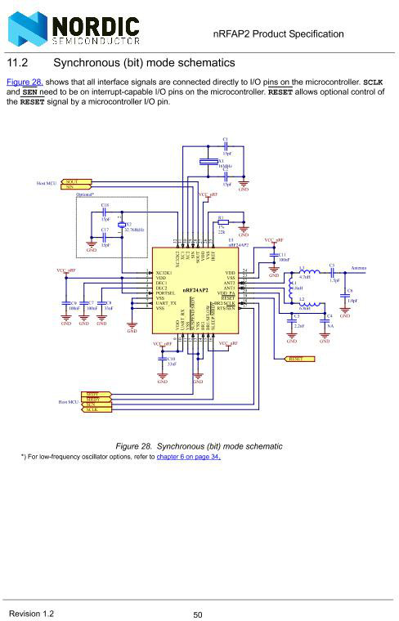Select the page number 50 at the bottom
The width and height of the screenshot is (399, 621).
pos(198,614)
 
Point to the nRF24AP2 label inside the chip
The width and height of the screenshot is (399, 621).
pos(199,290)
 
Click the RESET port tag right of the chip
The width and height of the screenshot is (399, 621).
pos(297,359)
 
